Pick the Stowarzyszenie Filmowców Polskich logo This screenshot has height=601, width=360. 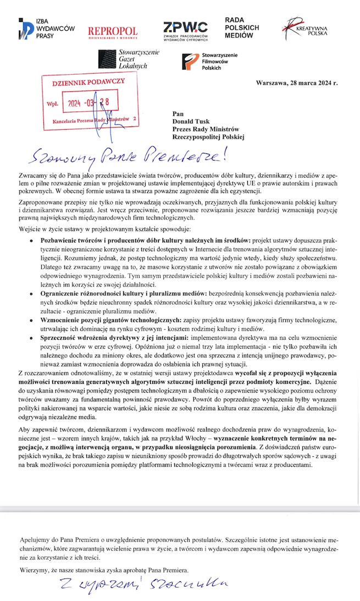[x=212, y=61]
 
